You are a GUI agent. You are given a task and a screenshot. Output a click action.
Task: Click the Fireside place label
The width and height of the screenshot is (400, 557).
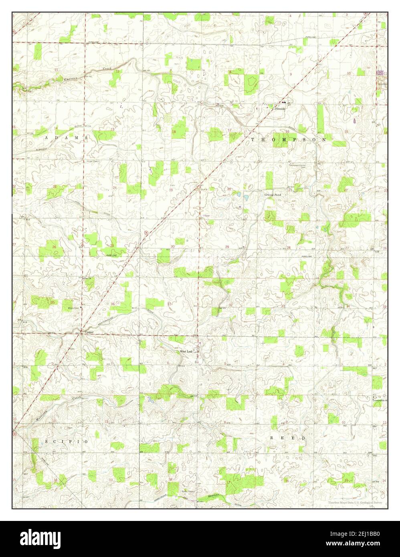click(x=280, y=109)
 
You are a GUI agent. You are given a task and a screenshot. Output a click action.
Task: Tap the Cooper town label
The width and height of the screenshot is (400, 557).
click(x=89, y=332)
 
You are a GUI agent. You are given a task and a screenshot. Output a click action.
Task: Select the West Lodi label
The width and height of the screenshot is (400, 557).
click(x=186, y=351)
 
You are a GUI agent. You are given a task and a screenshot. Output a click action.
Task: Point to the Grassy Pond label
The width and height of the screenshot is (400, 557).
click(x=273, y=195)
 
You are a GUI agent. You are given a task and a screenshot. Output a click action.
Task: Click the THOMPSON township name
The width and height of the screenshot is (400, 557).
click(x=289, y=139)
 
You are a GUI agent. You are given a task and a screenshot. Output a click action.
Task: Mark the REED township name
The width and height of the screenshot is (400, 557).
click(x=287, y=438)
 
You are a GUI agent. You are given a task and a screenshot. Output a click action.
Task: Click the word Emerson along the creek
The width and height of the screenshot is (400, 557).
click(x=71, y=79)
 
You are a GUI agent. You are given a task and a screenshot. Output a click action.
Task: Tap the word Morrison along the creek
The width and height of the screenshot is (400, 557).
click(x=48, y=414)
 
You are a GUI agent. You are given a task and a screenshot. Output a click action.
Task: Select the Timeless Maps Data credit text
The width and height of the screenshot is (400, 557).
click(x=355, y=503)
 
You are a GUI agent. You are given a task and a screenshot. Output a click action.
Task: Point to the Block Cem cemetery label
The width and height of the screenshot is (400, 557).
click(x=73, y=308)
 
